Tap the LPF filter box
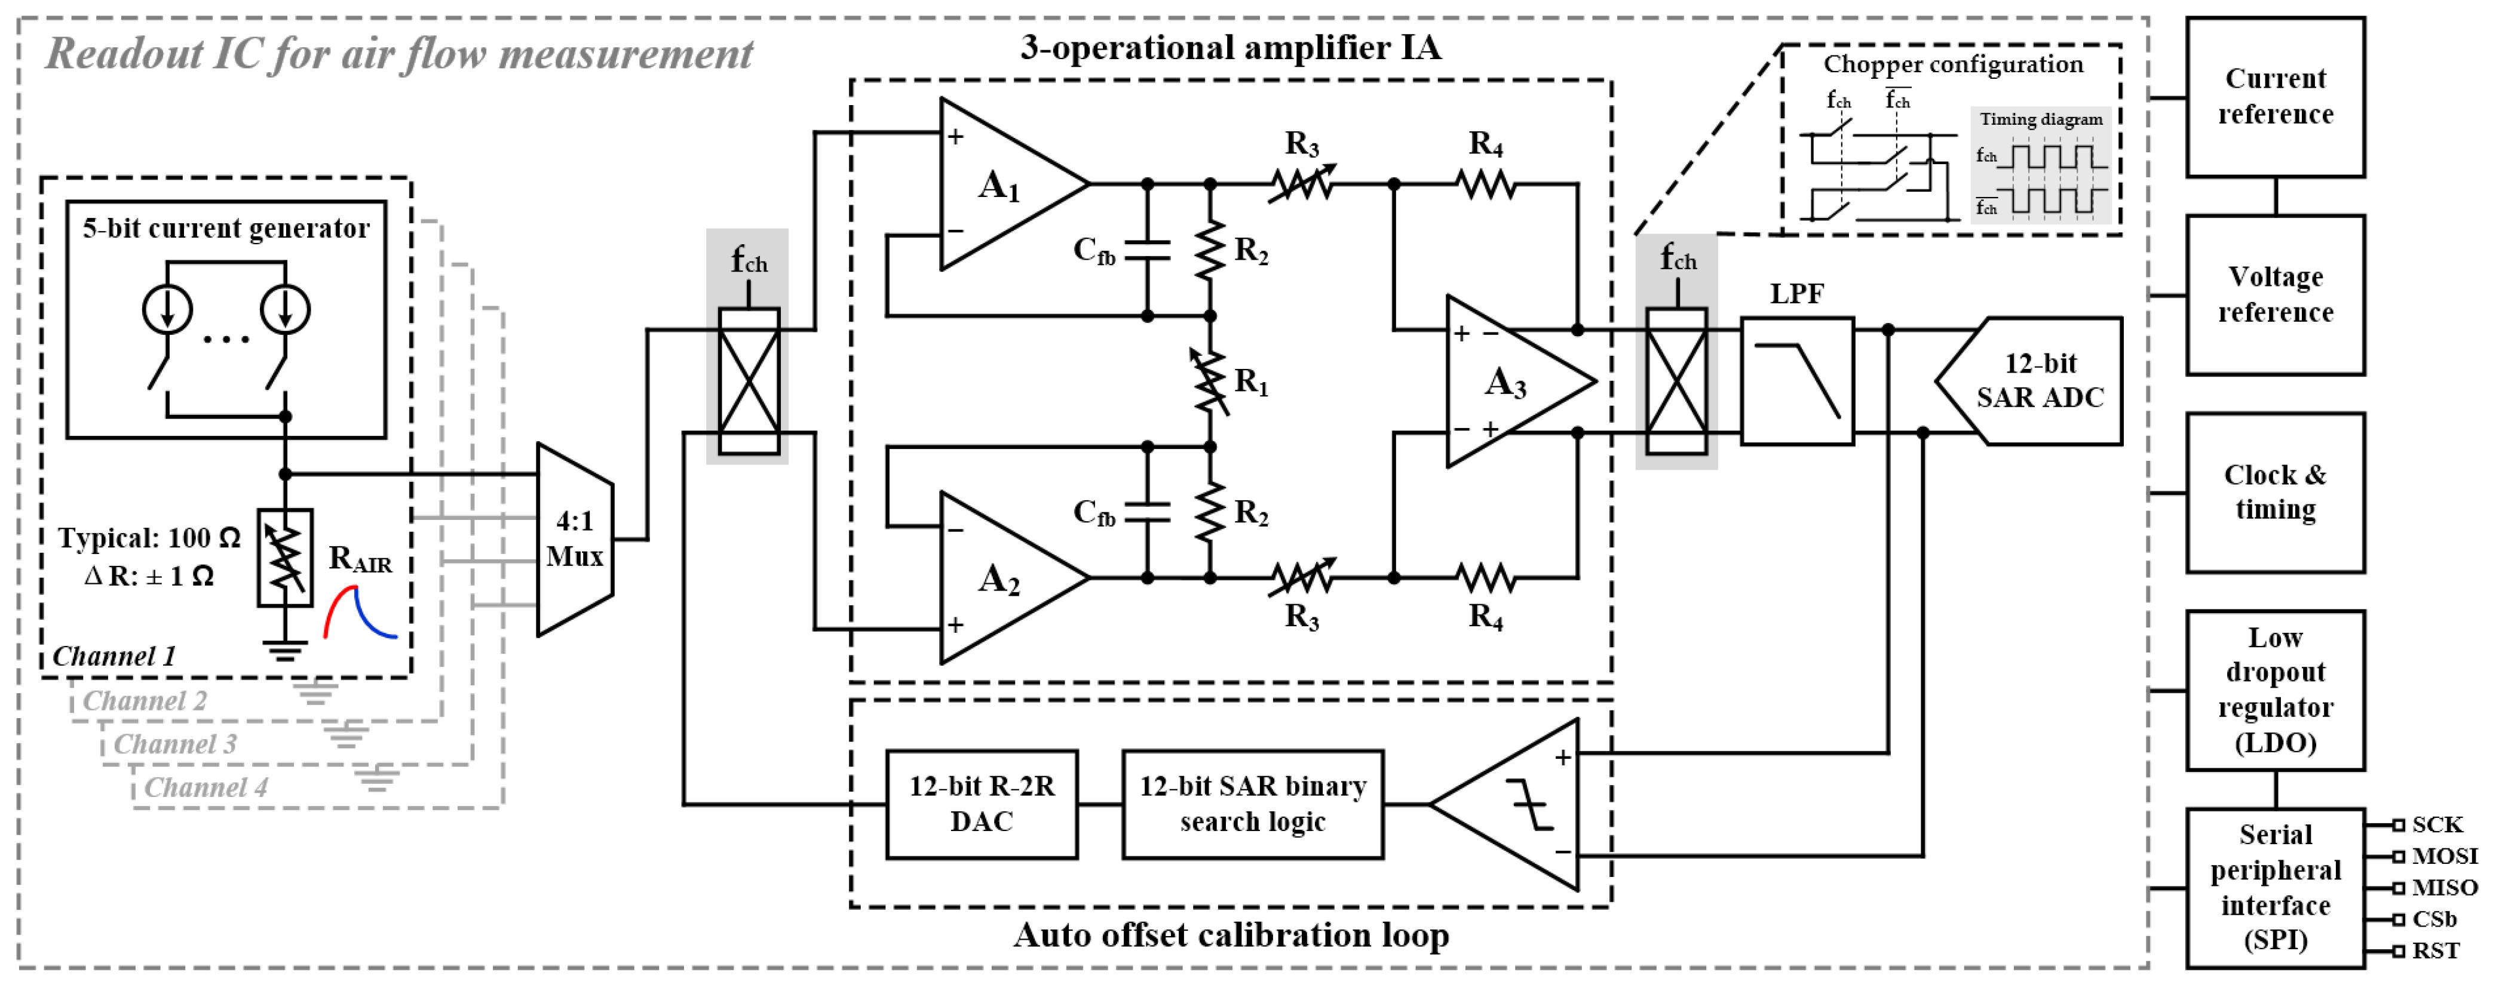coord(1796,381)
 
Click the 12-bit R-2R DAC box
coord(982,804)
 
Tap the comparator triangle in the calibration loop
coord(1521,804)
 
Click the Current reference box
coord(2274,97)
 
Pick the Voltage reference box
coord(2274,294)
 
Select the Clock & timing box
coord(2274,492)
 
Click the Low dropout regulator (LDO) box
coord(2274,690)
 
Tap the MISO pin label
coord(2443,887)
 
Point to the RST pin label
coord(2435,950)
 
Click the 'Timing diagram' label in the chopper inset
coord(2041,119)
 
